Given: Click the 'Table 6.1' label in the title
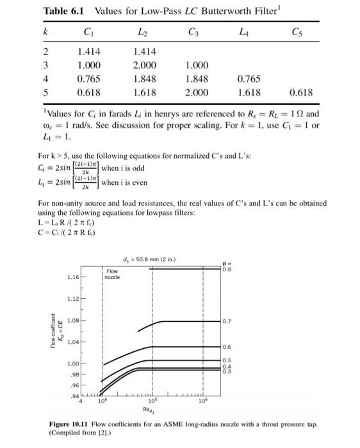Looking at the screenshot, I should click(65, 11).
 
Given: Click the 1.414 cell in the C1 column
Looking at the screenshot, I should click(88, 49).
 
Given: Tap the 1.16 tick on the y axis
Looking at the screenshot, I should click(74, 278).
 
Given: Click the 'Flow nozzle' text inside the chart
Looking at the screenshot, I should click(113, 272).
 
